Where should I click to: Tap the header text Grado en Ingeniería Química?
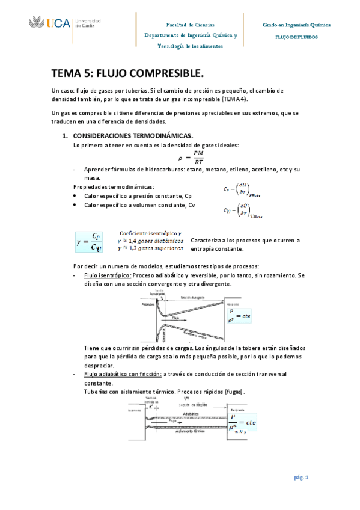pos(297,26)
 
